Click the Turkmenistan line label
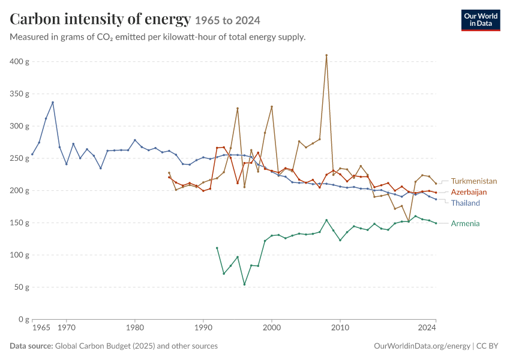[x=474, y=181]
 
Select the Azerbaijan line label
[x=469, y=192]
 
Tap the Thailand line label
[x=466, y=203]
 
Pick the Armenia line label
[x=465, y=223]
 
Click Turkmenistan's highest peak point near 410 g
[x=326, y=55]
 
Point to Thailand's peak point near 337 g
[x=53, y=103]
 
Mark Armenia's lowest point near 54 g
[x=244, y=284]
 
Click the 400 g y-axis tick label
[x=19, y=61]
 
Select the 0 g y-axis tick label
[x=24, y=319]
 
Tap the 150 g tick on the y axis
[x=19, y=223]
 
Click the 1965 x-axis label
[x=41, y=328]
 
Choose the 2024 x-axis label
[x=427, y=328]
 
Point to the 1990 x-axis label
[x=203, y=328]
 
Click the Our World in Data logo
[x=481, y=20]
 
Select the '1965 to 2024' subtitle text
[x=227, y=20]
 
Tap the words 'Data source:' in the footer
[x=31, y=346]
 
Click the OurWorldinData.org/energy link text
[x=422, y=346]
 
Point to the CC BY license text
[x=487, y=346]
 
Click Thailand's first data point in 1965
[x=32, y=154]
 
